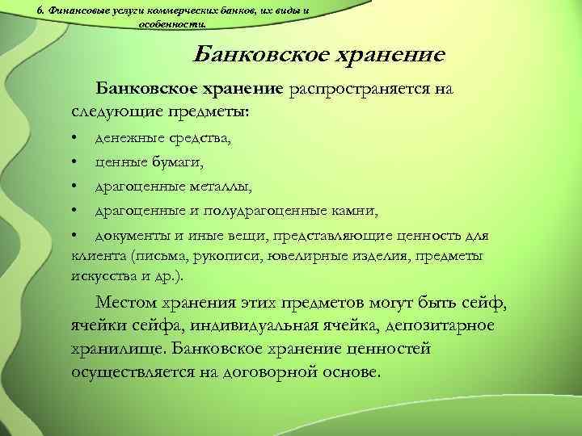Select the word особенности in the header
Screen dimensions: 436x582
click(165, 24)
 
